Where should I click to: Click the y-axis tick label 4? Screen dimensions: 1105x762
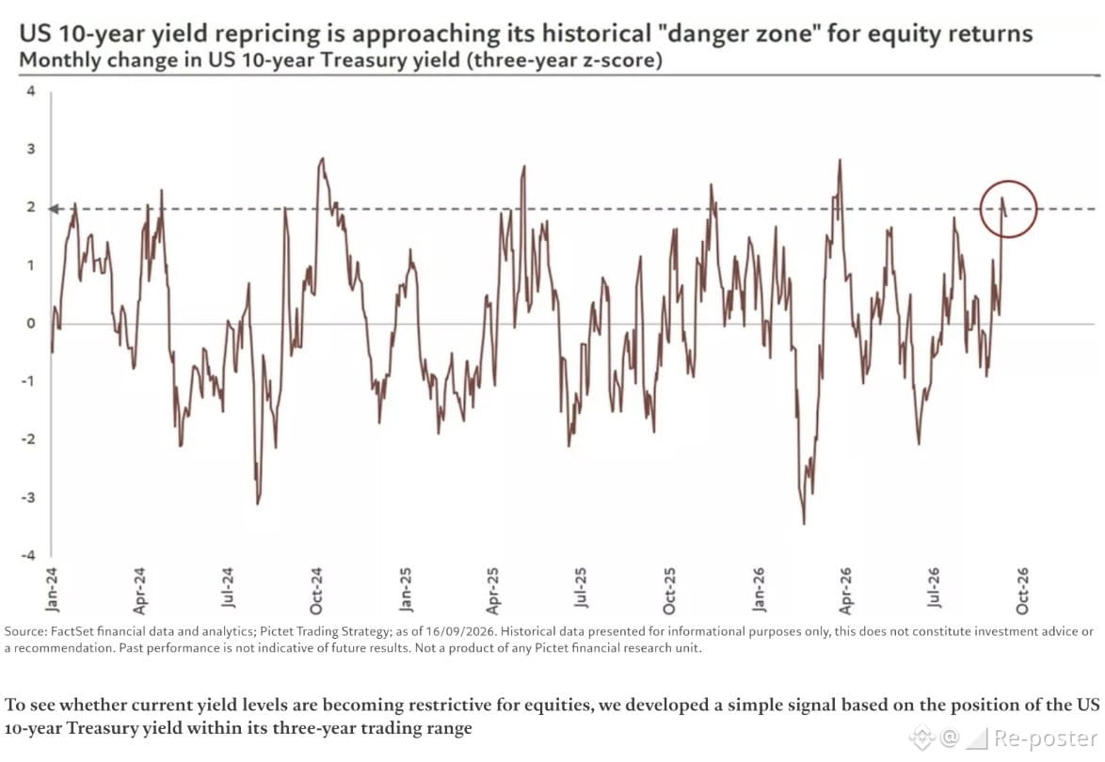[x=30, y=91]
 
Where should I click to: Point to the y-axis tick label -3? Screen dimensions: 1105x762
[x=28, y=498]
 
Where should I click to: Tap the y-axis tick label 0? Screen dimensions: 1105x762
[x=30, y=324]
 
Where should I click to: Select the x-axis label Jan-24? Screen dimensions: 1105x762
[x=52, y=590]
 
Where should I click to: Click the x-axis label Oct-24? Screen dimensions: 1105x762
[x=315, y=590]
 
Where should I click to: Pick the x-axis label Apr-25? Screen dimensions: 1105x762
[x=492, y=590]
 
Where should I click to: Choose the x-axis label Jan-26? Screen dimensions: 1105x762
[x=759, y=590]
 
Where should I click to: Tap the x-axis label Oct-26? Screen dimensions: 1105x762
[x=1022, y=590]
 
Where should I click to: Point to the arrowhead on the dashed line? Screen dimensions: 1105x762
[x=54, y=209]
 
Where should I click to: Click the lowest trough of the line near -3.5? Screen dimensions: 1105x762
[x=804, y=523]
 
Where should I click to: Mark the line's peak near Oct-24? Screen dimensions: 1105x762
[x=322, y=159]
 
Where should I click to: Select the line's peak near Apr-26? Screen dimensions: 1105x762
[x=840, y=161]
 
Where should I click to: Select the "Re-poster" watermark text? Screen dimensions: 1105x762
[x=1045, y=738]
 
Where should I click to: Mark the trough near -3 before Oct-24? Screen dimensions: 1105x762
[x=258, y=501]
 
